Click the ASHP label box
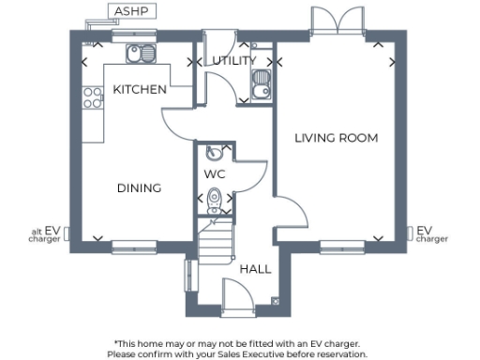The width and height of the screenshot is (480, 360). (129, 11)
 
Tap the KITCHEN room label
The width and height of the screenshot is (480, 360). (140, 89)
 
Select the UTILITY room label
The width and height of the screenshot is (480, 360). (233, 61)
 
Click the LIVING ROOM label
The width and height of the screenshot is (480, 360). (336, 138)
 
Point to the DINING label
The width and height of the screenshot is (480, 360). (139, 187)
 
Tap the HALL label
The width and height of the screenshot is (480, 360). (255, 268)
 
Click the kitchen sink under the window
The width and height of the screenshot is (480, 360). (142, 54)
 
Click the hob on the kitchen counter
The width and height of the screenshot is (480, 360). (93, 97)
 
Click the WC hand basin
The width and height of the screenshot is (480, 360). (214, 154)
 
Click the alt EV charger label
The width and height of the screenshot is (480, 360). (47, 234)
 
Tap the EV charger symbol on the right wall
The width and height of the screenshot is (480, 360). (410, 232)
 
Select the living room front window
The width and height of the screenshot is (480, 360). (341, 246)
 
